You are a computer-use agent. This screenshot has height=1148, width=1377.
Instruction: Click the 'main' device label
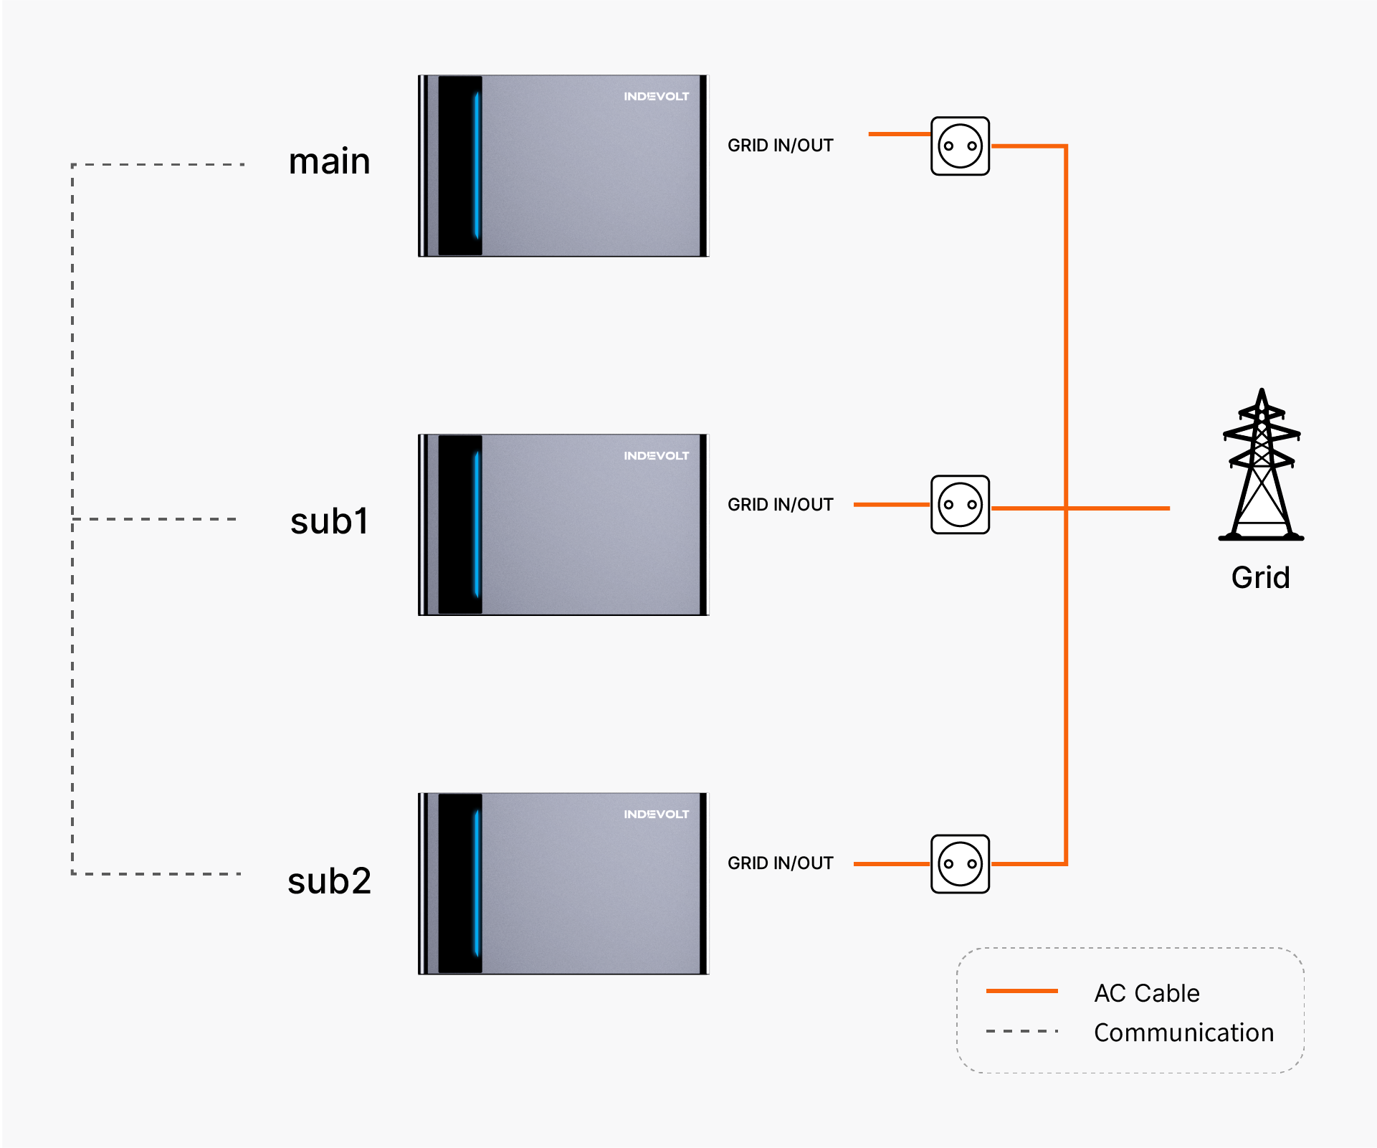tap(329, 161)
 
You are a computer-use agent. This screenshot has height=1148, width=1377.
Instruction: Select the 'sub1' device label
tap(329, 521)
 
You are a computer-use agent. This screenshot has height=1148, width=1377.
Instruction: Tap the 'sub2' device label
tap(329, 881)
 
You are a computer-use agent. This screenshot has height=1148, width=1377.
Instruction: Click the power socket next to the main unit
tap(960, 146)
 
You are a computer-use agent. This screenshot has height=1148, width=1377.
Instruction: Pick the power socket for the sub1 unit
tap(960, 505)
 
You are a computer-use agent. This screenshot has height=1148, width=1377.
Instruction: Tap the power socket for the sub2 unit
tap(960, 864)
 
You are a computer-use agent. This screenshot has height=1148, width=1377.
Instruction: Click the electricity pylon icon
tap(1261, 465)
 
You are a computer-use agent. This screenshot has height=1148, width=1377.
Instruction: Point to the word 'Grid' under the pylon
tap(1261, 577)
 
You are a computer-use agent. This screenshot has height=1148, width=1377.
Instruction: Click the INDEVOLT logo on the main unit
tap(656, 96)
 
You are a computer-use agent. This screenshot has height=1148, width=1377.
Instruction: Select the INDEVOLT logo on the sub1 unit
tap(656, 455)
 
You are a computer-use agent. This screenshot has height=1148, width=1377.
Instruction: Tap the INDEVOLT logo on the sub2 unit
tap(656, 814)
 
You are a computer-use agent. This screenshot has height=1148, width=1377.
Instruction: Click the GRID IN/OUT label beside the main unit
tap(781, 146)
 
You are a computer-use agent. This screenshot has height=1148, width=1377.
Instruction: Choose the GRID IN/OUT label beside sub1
tap(781, 505)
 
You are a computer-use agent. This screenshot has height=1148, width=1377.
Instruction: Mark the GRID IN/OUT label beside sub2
tap(781, 863)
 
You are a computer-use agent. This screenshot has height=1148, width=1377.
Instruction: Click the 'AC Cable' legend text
tap(1147, 993)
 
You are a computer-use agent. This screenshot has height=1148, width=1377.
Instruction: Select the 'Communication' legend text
tap(1184, 1033)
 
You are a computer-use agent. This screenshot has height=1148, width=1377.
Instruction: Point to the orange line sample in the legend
tap(1022, 991)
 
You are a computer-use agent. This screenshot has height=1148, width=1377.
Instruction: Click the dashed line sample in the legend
tap(1022, 1031)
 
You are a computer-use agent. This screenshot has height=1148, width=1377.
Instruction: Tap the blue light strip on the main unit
tap(477, 165)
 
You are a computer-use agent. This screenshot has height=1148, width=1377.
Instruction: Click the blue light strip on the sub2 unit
tap(477, 883)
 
